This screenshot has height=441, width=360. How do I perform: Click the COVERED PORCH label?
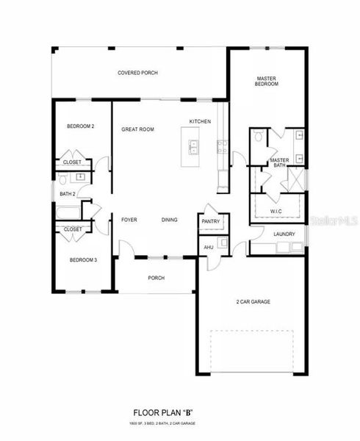tap(138, 73)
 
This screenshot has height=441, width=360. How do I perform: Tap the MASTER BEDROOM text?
tap(266, 81)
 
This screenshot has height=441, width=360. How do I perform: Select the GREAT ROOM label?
tap(137, 129)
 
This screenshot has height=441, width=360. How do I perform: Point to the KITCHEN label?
tap(200, 121)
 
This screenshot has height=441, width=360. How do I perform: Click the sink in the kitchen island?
tap(195, 148)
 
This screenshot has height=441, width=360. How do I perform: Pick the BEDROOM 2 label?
tap(81, 126)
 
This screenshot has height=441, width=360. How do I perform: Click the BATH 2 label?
tap(68, 193)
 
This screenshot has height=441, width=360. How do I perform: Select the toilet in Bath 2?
tap(64, 179)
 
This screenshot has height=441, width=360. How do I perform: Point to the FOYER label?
tap(129, 220)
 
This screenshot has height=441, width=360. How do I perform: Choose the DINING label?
tap(170, 220)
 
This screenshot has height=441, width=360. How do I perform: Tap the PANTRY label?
tap(212, 221)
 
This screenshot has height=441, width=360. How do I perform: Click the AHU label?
tap(208, 248)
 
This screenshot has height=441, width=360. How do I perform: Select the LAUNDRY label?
tap(284, 234)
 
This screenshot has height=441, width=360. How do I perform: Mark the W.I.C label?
tap(276, 212)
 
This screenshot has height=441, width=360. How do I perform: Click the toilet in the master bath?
tap(259, 137)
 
